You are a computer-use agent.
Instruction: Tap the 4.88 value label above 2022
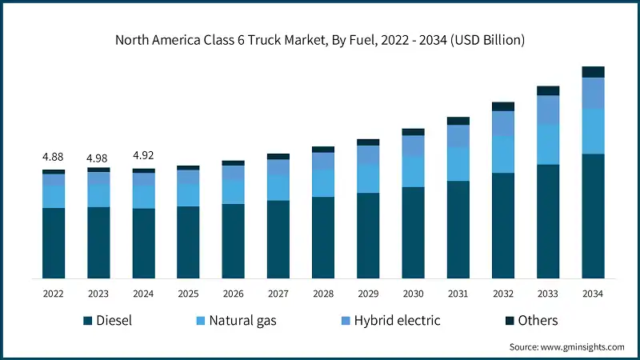click(54, 156)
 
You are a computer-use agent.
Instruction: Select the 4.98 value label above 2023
click(98, 156)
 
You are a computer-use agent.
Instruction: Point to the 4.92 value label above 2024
click(143, 156)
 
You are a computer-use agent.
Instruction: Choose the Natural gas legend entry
click(237, 321)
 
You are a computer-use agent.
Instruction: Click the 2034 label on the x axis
click(593, 294)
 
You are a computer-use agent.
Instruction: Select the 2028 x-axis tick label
click(323, 294)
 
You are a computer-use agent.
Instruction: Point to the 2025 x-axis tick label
click(188, 294)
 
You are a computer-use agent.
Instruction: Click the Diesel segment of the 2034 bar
click(593, 216)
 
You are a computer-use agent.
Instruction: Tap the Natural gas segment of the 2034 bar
click(593, 131)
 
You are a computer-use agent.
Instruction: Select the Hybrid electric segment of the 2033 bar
click(548, 110)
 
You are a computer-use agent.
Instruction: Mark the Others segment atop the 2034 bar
click(593, 72)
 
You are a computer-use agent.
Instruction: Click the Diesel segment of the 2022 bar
click(54, 243)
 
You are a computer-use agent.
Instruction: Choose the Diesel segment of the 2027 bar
click(278, 239)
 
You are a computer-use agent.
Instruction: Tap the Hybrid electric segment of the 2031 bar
click(458, 137)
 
